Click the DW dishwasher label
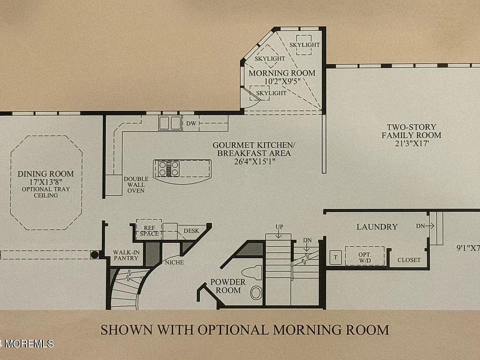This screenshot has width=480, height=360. point(191,123)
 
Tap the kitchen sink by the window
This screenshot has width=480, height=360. point(170,123)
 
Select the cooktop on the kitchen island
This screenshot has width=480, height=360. point(168,168)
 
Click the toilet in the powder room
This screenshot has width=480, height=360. point(252,272)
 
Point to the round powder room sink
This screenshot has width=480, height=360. point(256,293)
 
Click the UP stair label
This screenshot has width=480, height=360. point(279,227)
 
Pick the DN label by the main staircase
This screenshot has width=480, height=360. point(307,240)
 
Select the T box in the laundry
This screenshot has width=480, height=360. point(335,257)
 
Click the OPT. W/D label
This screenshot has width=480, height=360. point(364,257)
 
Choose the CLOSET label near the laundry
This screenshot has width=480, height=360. point(409,260)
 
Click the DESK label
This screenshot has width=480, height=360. point(191,231)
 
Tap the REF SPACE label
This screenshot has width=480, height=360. point(149,231)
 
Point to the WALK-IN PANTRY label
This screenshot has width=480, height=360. point(126,255)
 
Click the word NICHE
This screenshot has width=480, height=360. point(174,262)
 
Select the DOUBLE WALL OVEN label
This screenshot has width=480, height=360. point(136,184)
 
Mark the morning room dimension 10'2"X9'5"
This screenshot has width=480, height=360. point(282,81)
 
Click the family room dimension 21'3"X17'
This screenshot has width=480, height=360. point(411,143)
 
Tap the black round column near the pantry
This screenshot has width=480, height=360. point(94,254)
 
